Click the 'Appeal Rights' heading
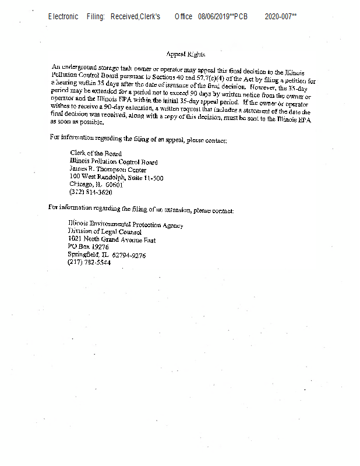pos(185,54)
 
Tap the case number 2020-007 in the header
pos(279,16)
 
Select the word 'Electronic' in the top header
pos(63,16)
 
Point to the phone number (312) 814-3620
pos(91,192)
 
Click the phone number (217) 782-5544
pos(89,263)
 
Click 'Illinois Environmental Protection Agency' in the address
pos(125,225)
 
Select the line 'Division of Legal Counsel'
pos(104,232)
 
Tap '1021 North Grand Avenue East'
pos(111,240)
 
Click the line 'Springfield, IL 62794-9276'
pos(107,255)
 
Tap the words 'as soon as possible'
pos(78,123)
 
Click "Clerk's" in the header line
pos(150,16)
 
